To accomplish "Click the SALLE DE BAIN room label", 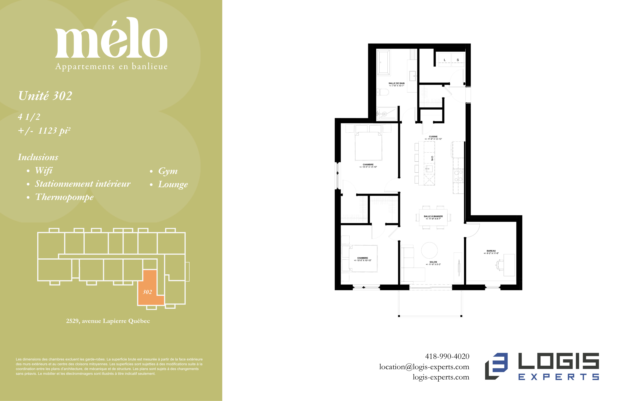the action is coord(396,83).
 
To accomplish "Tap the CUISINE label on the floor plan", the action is coord(433,136).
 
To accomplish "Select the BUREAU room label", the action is coord(491,251).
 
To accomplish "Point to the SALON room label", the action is coord(433,262).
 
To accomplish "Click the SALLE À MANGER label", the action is coord(433,216).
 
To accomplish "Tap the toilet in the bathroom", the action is coord(383,92).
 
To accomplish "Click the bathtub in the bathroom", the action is coord(384,62).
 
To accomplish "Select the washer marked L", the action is coord(445,60).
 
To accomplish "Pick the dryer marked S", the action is coord(458,60).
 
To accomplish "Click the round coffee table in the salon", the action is coord(430,250).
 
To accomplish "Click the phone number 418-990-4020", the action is coord(447,356).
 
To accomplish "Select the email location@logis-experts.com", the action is coord(424,367).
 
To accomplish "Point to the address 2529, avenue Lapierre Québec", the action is coord(108,321).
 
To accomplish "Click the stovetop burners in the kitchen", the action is coord(458,175).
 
